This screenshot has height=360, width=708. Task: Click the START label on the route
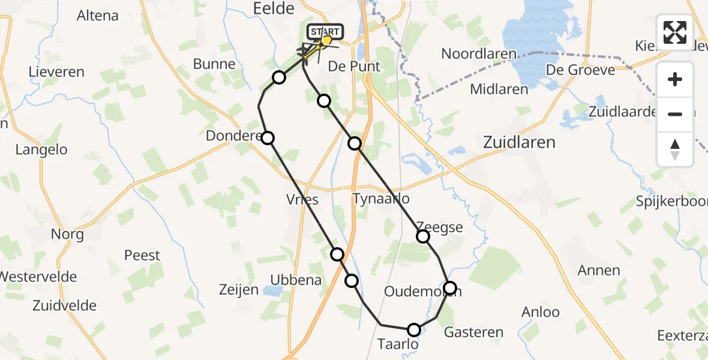point(325,31)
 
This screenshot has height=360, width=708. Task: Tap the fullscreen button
point(675,32)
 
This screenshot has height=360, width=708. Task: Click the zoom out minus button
point(675,113)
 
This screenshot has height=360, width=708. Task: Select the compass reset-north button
point(675,148)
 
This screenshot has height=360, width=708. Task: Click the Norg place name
point(67,234)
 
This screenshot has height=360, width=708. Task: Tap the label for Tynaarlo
point(382,199)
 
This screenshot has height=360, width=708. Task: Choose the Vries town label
point(302,200)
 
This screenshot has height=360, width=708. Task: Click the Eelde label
point(274,8)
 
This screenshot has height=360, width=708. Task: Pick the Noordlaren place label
point(478,54)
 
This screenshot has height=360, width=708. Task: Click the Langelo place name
point(41,150)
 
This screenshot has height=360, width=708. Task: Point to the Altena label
point(98,16)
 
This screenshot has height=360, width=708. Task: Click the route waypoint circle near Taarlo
point(414,329)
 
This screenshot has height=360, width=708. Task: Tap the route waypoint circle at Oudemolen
point(450,288)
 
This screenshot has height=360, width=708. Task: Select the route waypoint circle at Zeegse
point(423,236)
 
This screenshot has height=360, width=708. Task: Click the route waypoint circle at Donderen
point(268,138)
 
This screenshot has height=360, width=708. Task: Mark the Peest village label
point(142,256)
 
